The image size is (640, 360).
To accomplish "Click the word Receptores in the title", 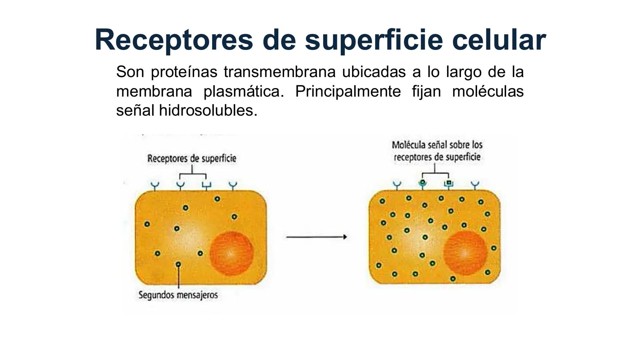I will click(174, 40).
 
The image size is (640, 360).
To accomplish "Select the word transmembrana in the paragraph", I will click(279, 72).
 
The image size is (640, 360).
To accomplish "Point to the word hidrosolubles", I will click(208, 110).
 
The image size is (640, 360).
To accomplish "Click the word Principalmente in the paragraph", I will click(348, 91).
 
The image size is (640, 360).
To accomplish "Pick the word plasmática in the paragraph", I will click(243, 91).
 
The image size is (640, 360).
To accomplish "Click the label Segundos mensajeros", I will click(178, 295).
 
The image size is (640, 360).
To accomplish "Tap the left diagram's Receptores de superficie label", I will click(192, 158).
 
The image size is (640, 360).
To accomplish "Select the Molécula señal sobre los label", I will click(437, 145).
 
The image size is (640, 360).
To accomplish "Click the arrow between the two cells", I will click(316, 237).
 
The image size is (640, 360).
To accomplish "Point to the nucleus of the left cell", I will click(231, 253).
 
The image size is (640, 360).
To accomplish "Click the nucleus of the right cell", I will click(465, 253).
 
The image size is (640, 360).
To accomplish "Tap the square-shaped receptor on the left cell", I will click(206, 186).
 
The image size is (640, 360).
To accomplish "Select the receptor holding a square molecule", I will click(449, 184).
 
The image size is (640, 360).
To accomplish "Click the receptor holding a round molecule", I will click(422, 184).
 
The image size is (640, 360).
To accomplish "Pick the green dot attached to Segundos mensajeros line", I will click(178, 264).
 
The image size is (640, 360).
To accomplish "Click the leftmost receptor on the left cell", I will click(155, 186).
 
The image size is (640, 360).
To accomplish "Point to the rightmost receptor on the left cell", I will click(233, 186).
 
